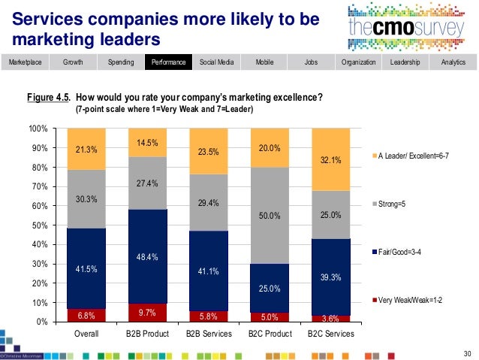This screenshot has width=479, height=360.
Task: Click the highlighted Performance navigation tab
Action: point(167,62)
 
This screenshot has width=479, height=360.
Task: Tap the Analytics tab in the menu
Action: point(453,62)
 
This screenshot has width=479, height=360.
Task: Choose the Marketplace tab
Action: point(24,62)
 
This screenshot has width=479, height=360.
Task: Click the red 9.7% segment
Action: point(147,312)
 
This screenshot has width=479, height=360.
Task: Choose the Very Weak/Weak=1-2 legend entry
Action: point(411,300)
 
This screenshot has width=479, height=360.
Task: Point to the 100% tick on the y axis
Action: point(37,129)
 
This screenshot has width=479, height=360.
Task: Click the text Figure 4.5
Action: point(48,98)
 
